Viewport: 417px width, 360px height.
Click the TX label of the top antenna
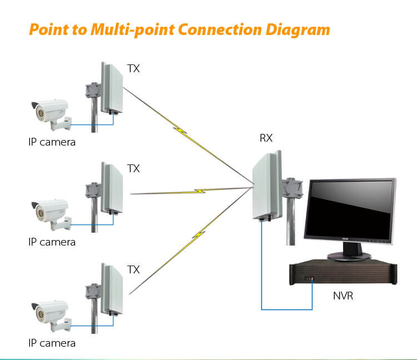(x=133, y=69)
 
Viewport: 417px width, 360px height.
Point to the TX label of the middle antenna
(x=133, y=168)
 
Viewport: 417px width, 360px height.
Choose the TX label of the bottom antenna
(x=133, y=269)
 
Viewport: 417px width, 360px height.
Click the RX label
(x=266, y=138)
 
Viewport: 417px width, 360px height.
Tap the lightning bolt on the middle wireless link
(x=198, y=191)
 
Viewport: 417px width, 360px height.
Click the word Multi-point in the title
(x=121, y=28)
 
